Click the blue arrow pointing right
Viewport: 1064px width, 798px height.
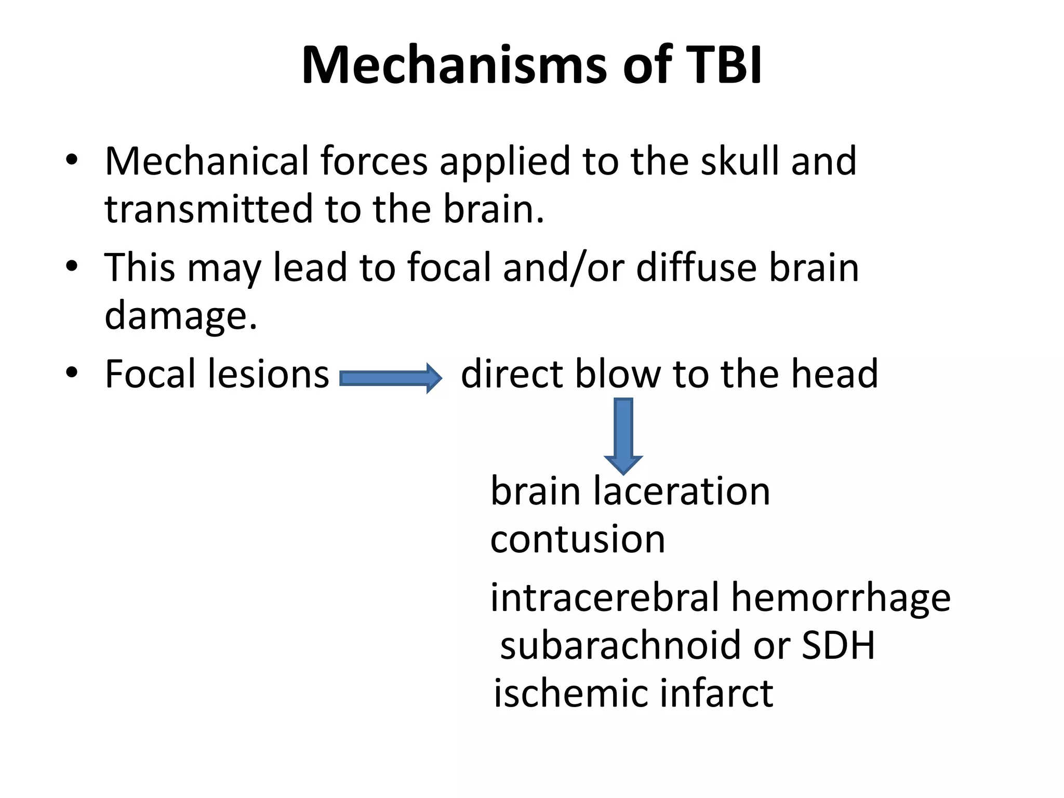(x=390, y=378)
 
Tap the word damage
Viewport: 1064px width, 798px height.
(x=180, y=316)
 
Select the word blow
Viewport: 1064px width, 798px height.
(x=618, y=374)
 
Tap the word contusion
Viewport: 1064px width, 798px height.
(x=577, y=539)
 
